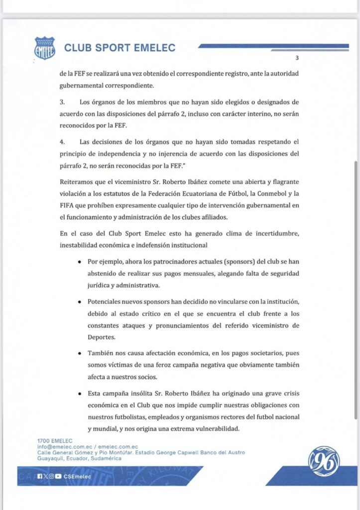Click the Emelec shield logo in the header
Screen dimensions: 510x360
[x=44, y=48]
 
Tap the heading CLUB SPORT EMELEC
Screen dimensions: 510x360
[x=120, y=48]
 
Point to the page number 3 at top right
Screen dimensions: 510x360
[x=297, y=57]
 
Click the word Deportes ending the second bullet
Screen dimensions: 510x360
[x=103, y=337]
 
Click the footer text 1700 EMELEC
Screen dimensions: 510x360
[x=54, y=441]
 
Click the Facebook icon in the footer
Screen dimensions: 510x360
[x=39, y=476]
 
